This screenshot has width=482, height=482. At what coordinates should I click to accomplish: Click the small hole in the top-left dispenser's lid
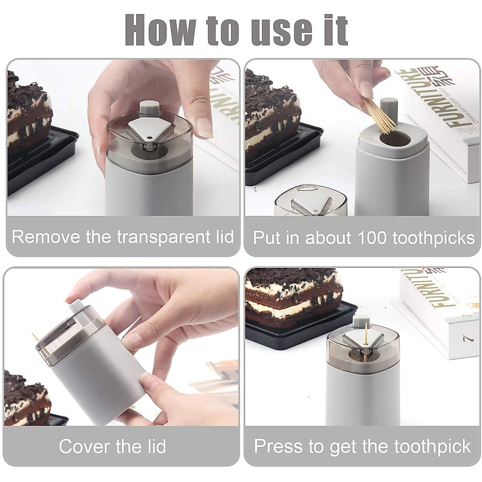[150, 137]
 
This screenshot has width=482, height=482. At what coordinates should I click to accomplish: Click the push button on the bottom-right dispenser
[359, 320]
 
